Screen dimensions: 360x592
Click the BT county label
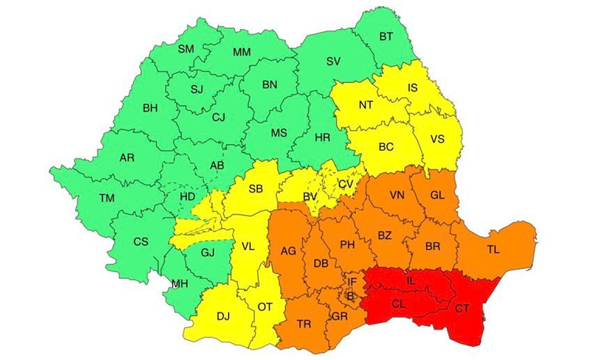point(386,36)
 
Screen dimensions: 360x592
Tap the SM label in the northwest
point(186,49)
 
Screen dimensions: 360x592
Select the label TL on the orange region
point(493,250)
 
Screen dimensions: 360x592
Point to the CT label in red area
point(462,308)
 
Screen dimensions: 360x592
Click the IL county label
point(410,282)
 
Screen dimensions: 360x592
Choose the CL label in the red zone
point(398,305)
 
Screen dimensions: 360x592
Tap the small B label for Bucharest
point(350,297)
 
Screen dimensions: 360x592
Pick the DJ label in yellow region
point(223,316)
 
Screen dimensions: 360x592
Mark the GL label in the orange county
point(437,195)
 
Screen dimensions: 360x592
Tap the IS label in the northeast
point(412,88)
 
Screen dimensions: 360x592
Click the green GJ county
point(207,252)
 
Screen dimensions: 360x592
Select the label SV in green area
point(333,61)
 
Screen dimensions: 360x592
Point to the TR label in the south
point(304,324)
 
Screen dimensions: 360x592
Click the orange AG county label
point(288,251)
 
